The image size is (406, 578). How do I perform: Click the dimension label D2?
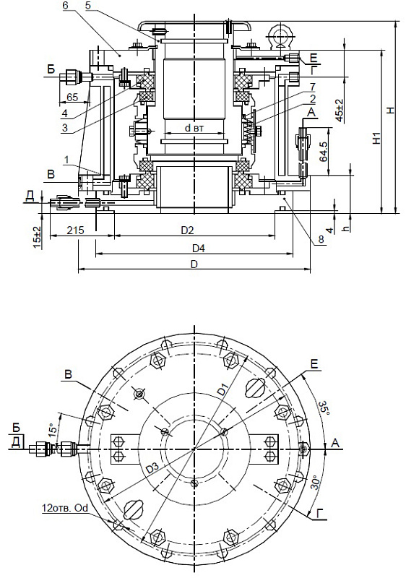188,230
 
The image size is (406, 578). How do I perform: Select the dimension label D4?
199,249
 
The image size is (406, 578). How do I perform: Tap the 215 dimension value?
76,230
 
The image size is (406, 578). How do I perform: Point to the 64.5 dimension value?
324,152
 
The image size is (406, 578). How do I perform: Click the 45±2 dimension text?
340,111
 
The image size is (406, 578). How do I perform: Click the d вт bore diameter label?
194,128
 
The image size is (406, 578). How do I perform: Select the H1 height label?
376,138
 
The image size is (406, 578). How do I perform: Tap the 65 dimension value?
72,98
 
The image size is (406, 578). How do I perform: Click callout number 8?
321,239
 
